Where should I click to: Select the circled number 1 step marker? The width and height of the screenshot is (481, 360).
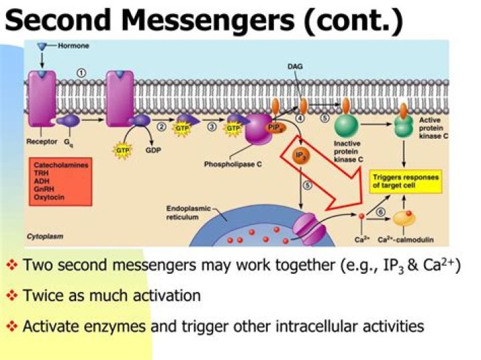coord(82,73)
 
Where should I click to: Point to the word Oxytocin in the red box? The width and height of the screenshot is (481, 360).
coord(48,197)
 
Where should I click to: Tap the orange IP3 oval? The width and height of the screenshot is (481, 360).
coord(301,156)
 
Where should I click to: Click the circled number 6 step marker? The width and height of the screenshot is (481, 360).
coord(380,212)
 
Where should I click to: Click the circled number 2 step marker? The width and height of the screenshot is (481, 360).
coord(162,126)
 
